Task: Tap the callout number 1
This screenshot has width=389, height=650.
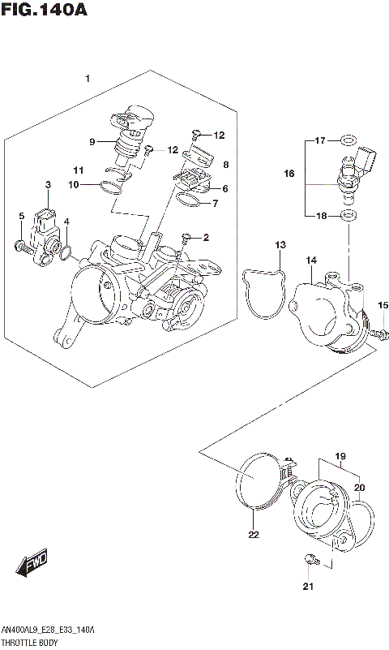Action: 88,78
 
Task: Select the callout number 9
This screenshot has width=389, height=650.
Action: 93,141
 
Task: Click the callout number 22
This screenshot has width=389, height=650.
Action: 254,535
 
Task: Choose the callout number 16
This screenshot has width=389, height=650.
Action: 289,174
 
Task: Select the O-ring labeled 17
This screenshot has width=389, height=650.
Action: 348,140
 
